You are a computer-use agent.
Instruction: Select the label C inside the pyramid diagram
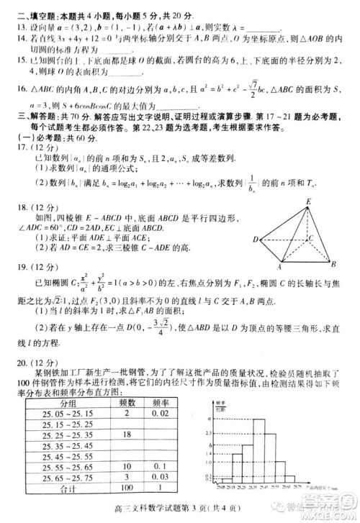tap(309, 238)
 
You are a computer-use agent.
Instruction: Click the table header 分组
tap(71, 404)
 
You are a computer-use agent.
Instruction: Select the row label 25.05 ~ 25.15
tap(71, 414)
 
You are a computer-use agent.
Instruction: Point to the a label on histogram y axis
tap(208, 418)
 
